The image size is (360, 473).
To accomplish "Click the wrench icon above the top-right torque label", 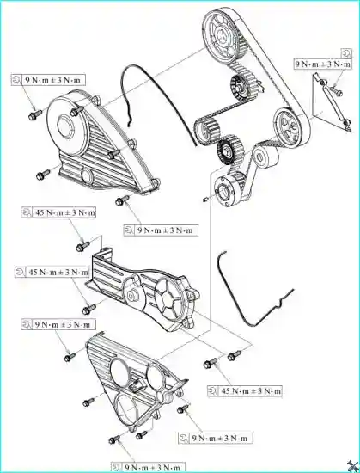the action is [x=346, y=53].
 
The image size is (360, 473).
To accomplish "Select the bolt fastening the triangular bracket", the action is [x=336, y=91].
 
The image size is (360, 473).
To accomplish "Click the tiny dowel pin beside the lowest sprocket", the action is [x=205, y=200].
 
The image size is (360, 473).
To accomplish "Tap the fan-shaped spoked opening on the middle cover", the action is [x=168, y=298].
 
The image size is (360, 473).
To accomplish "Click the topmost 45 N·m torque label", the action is [x=58, y=212].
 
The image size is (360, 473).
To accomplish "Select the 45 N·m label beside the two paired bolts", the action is [x=245, y=391].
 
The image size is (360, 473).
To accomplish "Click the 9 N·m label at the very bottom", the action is [x=149, y=468].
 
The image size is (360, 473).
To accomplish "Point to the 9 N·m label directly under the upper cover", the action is [x=161, y=230].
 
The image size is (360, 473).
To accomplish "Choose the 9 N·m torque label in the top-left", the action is [x=48, y=80].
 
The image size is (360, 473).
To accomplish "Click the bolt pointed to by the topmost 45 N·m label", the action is [x=82, y=247].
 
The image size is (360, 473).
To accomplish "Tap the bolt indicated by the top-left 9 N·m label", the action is [x=35, y=115].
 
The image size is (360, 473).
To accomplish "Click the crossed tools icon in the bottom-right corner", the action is [x=352, y=465].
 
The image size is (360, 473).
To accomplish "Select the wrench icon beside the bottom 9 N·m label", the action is [x=117, y=468].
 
